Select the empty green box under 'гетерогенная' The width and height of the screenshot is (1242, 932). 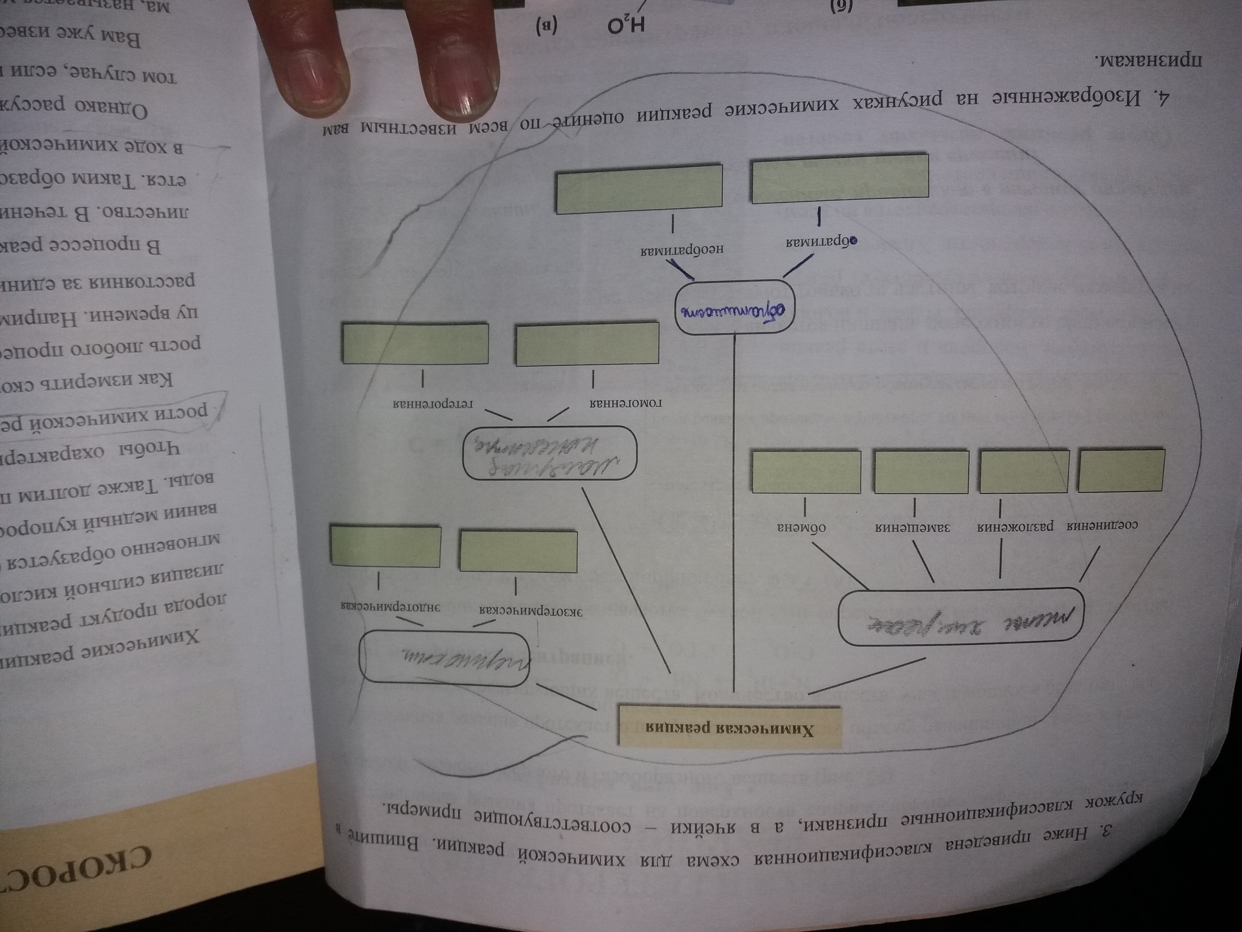click(x=416, y=343)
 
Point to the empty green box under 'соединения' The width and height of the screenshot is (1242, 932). click(x=1121, y=471)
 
